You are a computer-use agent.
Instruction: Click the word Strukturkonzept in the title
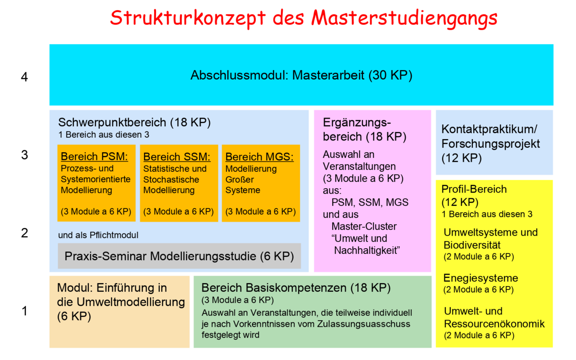coord(188,18)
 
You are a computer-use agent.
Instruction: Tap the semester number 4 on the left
coord(24,77)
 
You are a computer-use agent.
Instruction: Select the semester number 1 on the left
coord(24,311)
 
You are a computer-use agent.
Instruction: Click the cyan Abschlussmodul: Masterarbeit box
coord(301,75)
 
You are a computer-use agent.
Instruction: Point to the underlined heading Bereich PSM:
coord(94,156)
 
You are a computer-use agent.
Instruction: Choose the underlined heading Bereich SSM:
coord(177,156)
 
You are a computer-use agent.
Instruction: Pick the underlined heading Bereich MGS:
coord(260,156)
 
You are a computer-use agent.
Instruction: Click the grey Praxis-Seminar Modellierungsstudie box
coord(179,256)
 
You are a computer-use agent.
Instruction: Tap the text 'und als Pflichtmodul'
coord(98,235)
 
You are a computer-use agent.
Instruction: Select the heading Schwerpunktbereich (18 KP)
coord(134,122)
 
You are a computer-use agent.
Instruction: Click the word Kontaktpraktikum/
coord(489,129)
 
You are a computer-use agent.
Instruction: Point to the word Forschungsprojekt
coord(491,144)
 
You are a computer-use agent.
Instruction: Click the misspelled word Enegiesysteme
coord(480,278)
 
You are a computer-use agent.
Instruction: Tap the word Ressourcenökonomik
coord(494,324)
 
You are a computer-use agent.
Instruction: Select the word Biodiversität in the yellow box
coord(472,245)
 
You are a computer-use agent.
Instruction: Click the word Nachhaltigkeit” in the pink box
coord(367,251)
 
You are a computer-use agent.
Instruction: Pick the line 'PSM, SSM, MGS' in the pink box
coord(370,203)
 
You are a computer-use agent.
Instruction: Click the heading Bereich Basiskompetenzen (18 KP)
coord(296,288)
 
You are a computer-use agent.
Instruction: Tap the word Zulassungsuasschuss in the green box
coord(364,324)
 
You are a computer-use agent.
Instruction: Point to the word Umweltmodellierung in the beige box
coord(131,302)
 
